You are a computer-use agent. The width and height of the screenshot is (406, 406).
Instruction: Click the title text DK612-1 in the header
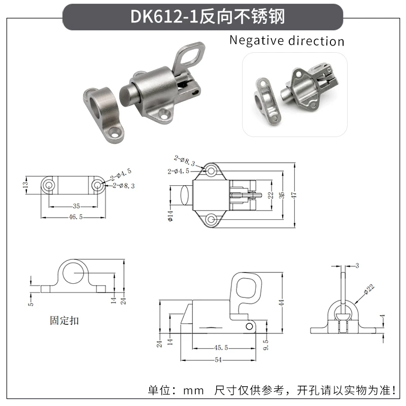pos(164,17)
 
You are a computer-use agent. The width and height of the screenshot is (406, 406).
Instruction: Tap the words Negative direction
pos(287,41)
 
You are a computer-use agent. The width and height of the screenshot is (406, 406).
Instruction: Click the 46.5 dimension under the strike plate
pos(76,217)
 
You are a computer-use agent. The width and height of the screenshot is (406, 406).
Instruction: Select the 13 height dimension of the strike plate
pos(25,185)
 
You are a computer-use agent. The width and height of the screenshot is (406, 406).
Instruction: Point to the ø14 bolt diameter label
pos(171,216)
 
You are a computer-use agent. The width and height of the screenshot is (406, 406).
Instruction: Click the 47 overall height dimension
pos(294,195)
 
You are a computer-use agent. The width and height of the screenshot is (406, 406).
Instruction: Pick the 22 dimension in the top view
pos(270,195)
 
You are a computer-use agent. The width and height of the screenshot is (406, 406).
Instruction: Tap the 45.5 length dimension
pos(221,348)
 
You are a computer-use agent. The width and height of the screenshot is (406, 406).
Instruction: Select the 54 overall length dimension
pos(218,360)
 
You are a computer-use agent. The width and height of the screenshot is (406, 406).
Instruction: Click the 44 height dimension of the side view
pos(282,302)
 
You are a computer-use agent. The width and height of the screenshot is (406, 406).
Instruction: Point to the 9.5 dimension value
pos(266,345)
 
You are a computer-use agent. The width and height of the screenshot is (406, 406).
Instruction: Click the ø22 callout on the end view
pos(369,289)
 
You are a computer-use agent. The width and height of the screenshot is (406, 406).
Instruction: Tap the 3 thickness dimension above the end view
pos(357,265)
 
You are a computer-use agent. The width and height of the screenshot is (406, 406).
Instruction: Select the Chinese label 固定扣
pos(64,321)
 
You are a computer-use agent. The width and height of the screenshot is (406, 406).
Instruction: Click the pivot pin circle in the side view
pos(249,326)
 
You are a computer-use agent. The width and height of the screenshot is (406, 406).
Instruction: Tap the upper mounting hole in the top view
pos(211,171)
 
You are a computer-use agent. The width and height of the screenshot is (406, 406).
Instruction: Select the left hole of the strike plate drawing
pos(48,185)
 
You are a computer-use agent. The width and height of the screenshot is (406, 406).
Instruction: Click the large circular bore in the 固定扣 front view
pos(74,273)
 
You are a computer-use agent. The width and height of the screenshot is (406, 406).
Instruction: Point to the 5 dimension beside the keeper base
pos(31,303)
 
